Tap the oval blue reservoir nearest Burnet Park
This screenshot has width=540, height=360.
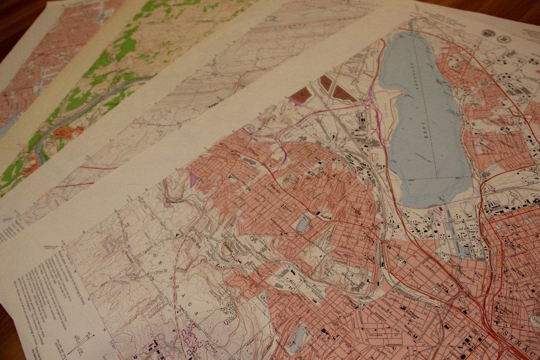[x=302, y=225]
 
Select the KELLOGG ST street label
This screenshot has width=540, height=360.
[x=378, y=336]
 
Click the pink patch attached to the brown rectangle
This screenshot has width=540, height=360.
[x=295, y=101]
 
